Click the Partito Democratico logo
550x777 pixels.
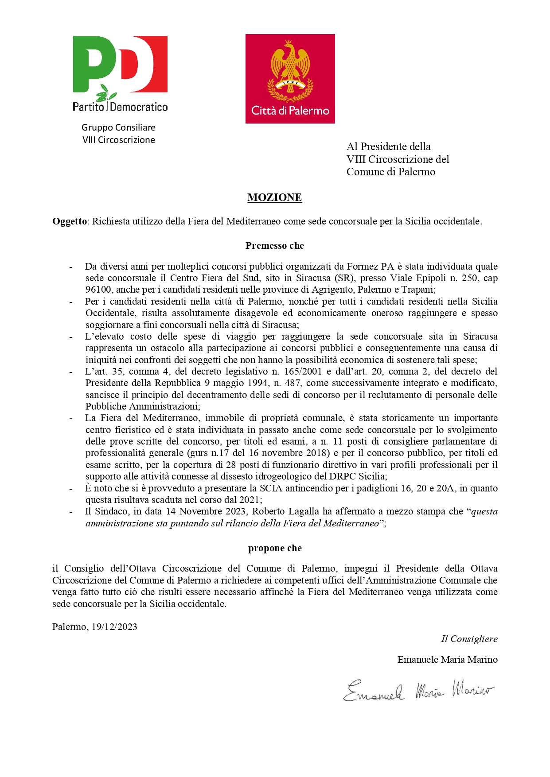pyautogui.click(x=120, y=73)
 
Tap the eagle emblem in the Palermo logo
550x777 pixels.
pyautogui.click(x=290, y=66)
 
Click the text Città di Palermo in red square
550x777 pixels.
pyautogui.click(x=290, y=111)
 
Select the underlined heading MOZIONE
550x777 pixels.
pyautogui.click(x=274, y=197)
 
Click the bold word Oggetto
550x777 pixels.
pyautogui.click(x=69, y=221)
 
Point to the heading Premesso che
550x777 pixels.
pyautogui.click(x=274, y=246)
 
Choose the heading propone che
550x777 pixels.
pyautogui.click(x=274, y=548)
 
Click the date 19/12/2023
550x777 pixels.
pyautogui.click(x=114, y=627)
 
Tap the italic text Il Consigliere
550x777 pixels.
pyautogui.click(x=469, y=639)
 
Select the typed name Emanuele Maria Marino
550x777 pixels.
pyautogui.click(x=447, y=660)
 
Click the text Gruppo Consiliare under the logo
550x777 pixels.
pyautogui.click(x=118, y=128)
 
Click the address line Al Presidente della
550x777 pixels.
pyautogui.click(x=388, y=147)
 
